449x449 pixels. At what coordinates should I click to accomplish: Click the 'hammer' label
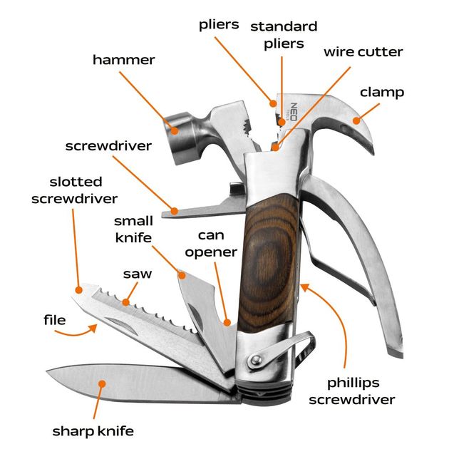(x=123, y=60)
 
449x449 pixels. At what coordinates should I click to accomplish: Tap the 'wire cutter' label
(x=363, y=52)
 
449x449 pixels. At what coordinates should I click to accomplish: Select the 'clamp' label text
(x=382, y=92)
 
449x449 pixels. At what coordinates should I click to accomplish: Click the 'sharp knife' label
(x=93, y=430)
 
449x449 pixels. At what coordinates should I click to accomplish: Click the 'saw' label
(x=136, y=274)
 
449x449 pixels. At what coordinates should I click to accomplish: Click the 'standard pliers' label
(x=283, y=35)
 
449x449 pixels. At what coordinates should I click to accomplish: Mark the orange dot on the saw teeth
(x=125, y=302)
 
